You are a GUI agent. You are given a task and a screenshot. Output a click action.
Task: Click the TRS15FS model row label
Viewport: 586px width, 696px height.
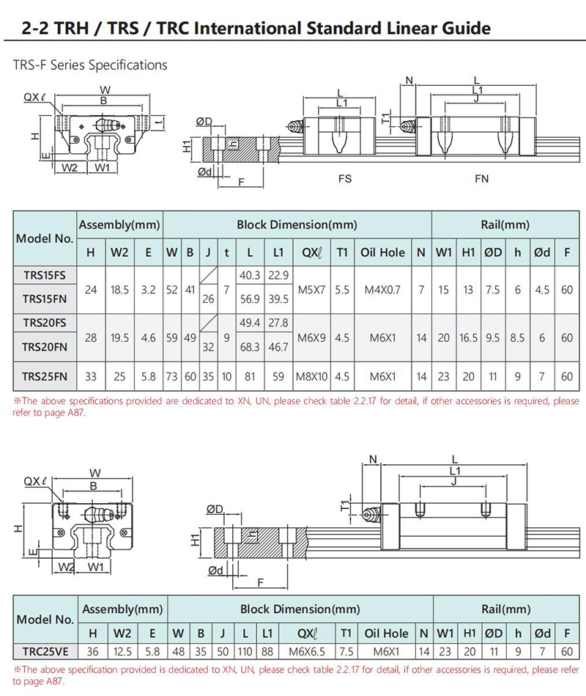(44, 275)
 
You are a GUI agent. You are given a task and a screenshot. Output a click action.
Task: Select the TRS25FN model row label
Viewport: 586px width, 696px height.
(44, 376)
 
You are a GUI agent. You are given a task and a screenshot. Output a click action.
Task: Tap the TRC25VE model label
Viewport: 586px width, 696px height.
(44, 651)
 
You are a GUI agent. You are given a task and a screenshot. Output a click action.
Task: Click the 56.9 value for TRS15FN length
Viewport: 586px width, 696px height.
(251, 299)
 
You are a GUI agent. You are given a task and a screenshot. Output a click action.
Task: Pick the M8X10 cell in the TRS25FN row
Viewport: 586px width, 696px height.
(311, 376)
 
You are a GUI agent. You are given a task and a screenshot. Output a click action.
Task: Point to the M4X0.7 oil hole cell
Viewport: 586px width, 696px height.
(382, 290)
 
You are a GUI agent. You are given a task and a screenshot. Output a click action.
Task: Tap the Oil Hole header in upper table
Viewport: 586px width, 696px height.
(382, 252)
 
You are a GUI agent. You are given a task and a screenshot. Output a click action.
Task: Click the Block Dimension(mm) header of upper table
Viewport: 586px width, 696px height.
(297, 225)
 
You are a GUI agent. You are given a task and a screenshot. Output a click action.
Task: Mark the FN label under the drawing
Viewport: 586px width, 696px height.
(481, 178)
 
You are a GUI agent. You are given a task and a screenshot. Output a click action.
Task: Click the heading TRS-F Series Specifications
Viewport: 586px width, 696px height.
(90, 65)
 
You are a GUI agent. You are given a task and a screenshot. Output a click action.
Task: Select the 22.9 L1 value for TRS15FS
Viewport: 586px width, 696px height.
(278, 275)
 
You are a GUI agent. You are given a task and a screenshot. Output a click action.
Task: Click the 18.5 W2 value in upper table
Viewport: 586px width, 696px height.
(119, 290)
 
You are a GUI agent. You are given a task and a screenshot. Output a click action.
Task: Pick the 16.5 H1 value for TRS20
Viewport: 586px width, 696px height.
(468, 338)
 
